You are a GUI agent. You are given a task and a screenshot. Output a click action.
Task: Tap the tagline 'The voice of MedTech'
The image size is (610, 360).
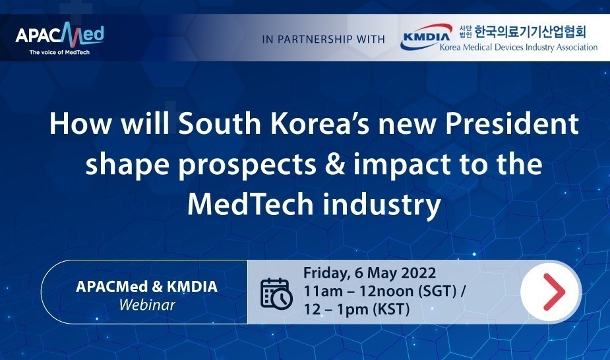[x=59, y=52]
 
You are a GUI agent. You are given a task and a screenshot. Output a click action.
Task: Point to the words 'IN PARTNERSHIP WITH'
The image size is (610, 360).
[x=323, y=40]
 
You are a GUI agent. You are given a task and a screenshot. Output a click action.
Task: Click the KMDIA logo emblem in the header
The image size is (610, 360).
[x=427, y=36]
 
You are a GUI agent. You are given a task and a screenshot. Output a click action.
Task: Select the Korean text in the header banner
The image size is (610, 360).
[x=522, y=32]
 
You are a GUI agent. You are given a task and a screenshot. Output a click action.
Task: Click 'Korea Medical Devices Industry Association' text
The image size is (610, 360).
[x=518, y=47]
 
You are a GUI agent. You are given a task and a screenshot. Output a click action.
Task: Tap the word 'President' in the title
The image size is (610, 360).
[x=512, y=124]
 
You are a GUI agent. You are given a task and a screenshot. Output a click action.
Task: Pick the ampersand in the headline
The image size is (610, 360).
[x=336, y=164]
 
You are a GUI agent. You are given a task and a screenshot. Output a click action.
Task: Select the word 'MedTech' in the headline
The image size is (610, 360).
[x=251, y=204]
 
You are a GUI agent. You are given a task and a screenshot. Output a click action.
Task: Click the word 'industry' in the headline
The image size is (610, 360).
[x=382, y=205]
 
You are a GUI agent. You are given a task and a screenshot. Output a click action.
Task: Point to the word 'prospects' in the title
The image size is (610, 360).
[x=247, y=165]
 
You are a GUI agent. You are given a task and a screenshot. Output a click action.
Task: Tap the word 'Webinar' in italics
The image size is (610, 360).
[x=147, y=305]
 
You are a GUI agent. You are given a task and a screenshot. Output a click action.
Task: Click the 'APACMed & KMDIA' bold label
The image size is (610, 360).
[x=146, y=287]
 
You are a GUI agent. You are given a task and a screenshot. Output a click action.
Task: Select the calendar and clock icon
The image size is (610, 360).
[x=276, y=293]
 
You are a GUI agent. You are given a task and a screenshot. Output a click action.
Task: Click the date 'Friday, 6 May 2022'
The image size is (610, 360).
[x=369, y=273]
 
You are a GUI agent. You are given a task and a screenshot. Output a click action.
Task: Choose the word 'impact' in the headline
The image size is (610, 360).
[x=402, y=165]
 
